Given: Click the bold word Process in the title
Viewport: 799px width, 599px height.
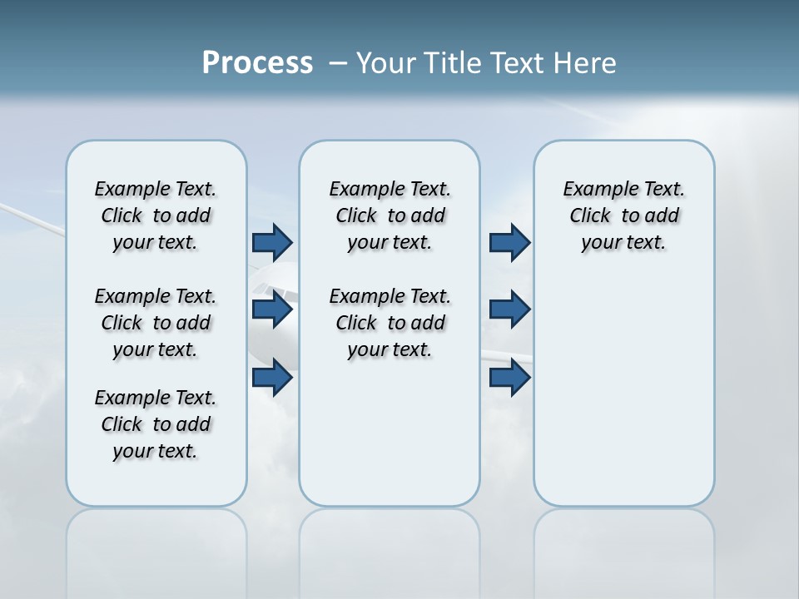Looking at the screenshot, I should (257, 63).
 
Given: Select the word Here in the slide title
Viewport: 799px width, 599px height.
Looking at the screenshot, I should (583, 63).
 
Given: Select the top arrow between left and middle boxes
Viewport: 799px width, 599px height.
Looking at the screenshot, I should (272, 242).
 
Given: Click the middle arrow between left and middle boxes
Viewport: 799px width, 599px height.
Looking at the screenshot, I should (272, 309).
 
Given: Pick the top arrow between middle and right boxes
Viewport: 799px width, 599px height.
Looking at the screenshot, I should (509, 242).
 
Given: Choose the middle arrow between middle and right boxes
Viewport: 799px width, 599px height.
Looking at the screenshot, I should (509, 309).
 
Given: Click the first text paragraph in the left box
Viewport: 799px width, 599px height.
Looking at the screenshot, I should (156, 215).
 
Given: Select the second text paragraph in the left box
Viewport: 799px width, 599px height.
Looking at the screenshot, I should (156, 323).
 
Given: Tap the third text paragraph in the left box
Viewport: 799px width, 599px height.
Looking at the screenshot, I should (156, 424).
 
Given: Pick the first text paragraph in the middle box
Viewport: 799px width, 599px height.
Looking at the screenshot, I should (390, 215).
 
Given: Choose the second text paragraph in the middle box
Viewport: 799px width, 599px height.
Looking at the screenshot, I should (390, 323).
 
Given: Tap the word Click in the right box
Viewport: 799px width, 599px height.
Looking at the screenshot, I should (590, 216).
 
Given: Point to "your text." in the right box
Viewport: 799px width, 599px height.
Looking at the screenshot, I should (623, 243).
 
